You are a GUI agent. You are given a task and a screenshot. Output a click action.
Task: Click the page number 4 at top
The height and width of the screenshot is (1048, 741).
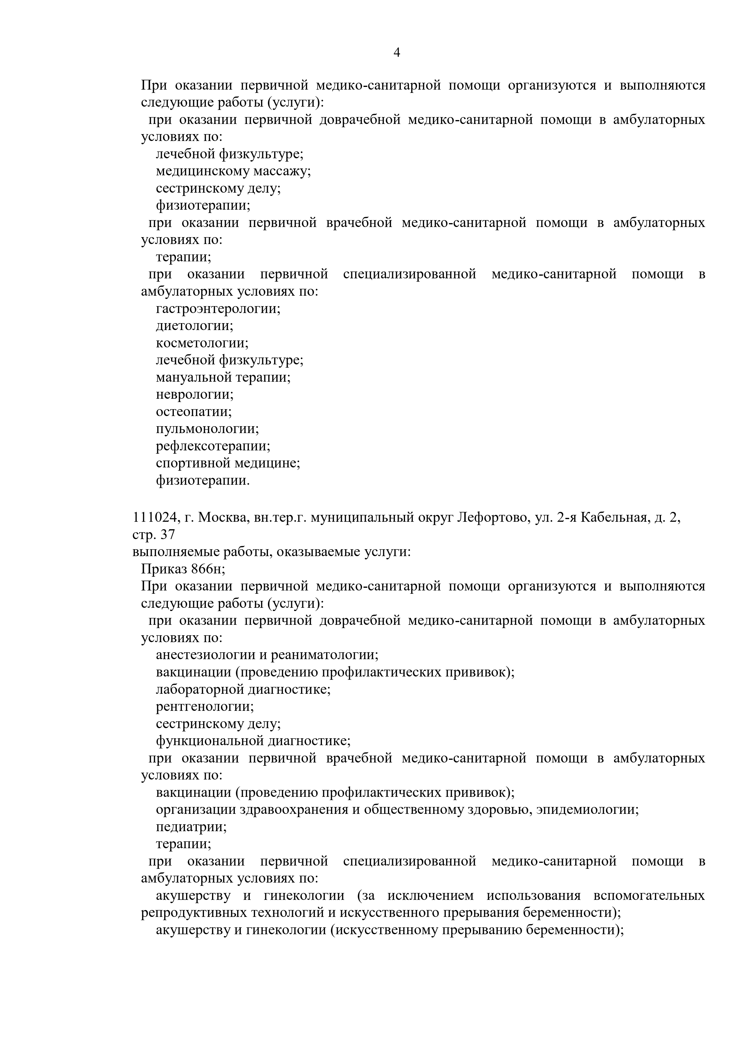click(x=397, y=53)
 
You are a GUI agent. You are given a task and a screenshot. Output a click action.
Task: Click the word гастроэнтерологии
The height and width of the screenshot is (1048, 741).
click(x=217, y=309)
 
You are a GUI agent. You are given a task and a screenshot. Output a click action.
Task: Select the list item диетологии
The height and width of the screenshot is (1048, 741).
click(x=194, y=326)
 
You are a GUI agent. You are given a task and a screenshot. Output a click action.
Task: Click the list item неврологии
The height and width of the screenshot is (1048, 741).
click(x=194, y=394)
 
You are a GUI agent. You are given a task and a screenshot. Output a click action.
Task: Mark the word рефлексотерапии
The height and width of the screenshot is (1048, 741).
click(x=212, y=446)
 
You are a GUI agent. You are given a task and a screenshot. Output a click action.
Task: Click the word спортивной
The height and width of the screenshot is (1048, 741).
click(x=193, y=463)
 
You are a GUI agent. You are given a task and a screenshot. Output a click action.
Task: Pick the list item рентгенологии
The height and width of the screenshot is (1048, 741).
click(x=204, y=707)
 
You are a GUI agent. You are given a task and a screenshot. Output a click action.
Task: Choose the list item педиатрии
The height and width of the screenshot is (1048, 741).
click(x=191, y=827)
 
